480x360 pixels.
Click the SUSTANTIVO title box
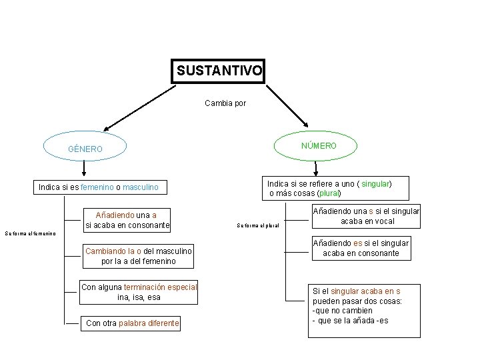219,70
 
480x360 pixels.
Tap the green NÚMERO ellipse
318,145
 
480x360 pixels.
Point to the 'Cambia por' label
225,103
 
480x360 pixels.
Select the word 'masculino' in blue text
140,188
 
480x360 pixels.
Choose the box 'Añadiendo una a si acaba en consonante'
127,221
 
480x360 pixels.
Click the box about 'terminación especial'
139,292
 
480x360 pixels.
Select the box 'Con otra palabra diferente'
132,323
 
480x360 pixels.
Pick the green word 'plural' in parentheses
329,193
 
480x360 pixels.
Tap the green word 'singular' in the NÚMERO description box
375,183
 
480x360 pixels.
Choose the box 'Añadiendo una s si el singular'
366,216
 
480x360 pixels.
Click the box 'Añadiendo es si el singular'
361,248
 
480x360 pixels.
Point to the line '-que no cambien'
342,312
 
